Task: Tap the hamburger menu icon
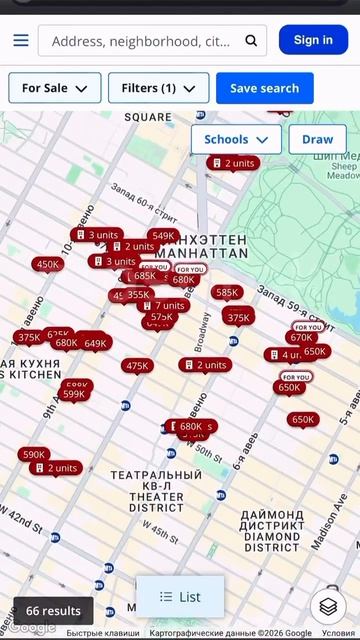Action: [21, 41]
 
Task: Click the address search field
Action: [140, 41]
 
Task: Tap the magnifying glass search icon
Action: [251, 41]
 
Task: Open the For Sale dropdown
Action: [55, 88]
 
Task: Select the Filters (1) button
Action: [158, 88]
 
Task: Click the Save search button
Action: [264, 88]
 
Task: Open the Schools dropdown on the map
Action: [236, 140]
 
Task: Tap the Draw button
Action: [317, 140]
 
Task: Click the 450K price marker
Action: [47, 265]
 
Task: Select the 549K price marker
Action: [164, 237]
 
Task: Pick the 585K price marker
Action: [227, 293]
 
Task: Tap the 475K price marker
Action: [138, 366]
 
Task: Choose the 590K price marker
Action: [34, 455]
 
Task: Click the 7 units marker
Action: [163, 305]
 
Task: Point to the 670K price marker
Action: [301, 338]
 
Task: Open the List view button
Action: [180, 597]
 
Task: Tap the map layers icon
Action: [327, 605]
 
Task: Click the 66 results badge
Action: [53, 611]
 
